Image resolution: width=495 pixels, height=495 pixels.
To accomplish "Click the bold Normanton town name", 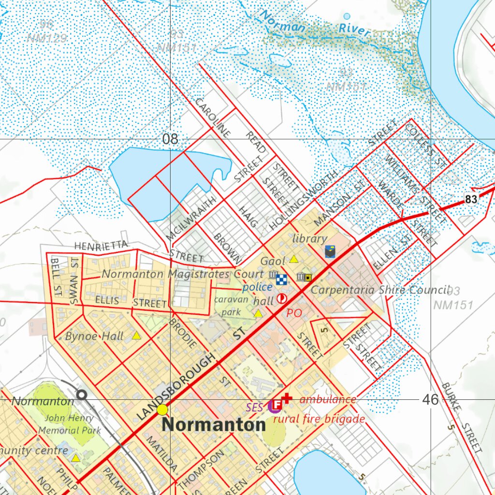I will point(214,425).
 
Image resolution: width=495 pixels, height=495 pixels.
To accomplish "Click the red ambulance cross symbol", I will point(287,398).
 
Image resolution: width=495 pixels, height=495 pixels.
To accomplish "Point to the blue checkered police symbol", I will point(281,279).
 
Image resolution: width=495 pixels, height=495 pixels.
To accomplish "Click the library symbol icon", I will point(330,251).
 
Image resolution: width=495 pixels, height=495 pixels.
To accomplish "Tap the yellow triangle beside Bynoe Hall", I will point(137,335).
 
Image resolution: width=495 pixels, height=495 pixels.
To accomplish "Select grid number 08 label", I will point(170,139).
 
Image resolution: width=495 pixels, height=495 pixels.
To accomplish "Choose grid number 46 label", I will point(430,399).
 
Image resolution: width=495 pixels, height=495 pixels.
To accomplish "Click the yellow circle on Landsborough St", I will point(162,410).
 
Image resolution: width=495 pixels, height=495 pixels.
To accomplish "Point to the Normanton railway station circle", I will point(82,395).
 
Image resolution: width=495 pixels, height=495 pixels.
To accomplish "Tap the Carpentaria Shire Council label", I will point(380,290).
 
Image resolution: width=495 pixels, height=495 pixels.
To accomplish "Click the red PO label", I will point(294,313).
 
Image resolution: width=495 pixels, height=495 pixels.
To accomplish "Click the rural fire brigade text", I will point(319,419).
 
